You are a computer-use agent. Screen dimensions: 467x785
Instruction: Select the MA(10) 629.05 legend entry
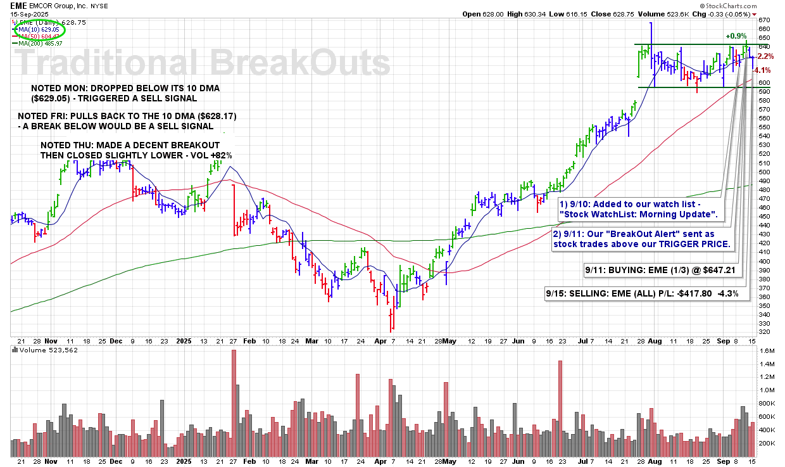click(x=39, y=29)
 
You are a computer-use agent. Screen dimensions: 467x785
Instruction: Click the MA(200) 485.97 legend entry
click(x=40, y=43)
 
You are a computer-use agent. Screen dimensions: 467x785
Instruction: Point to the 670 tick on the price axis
click(x=764, y=20)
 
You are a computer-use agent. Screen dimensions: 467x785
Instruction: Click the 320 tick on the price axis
click(x=764, y=332)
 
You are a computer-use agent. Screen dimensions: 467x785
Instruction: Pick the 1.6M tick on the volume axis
click(x=766, y=350)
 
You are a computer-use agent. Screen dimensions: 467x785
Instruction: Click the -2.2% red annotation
click(x=764, y=56)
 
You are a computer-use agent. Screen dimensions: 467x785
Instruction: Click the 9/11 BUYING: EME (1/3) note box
click(x=661, y=270)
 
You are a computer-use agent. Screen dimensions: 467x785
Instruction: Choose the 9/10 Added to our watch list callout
click(x=638, y=208)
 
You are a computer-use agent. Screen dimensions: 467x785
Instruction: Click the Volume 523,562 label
click(x=44, y=350)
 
